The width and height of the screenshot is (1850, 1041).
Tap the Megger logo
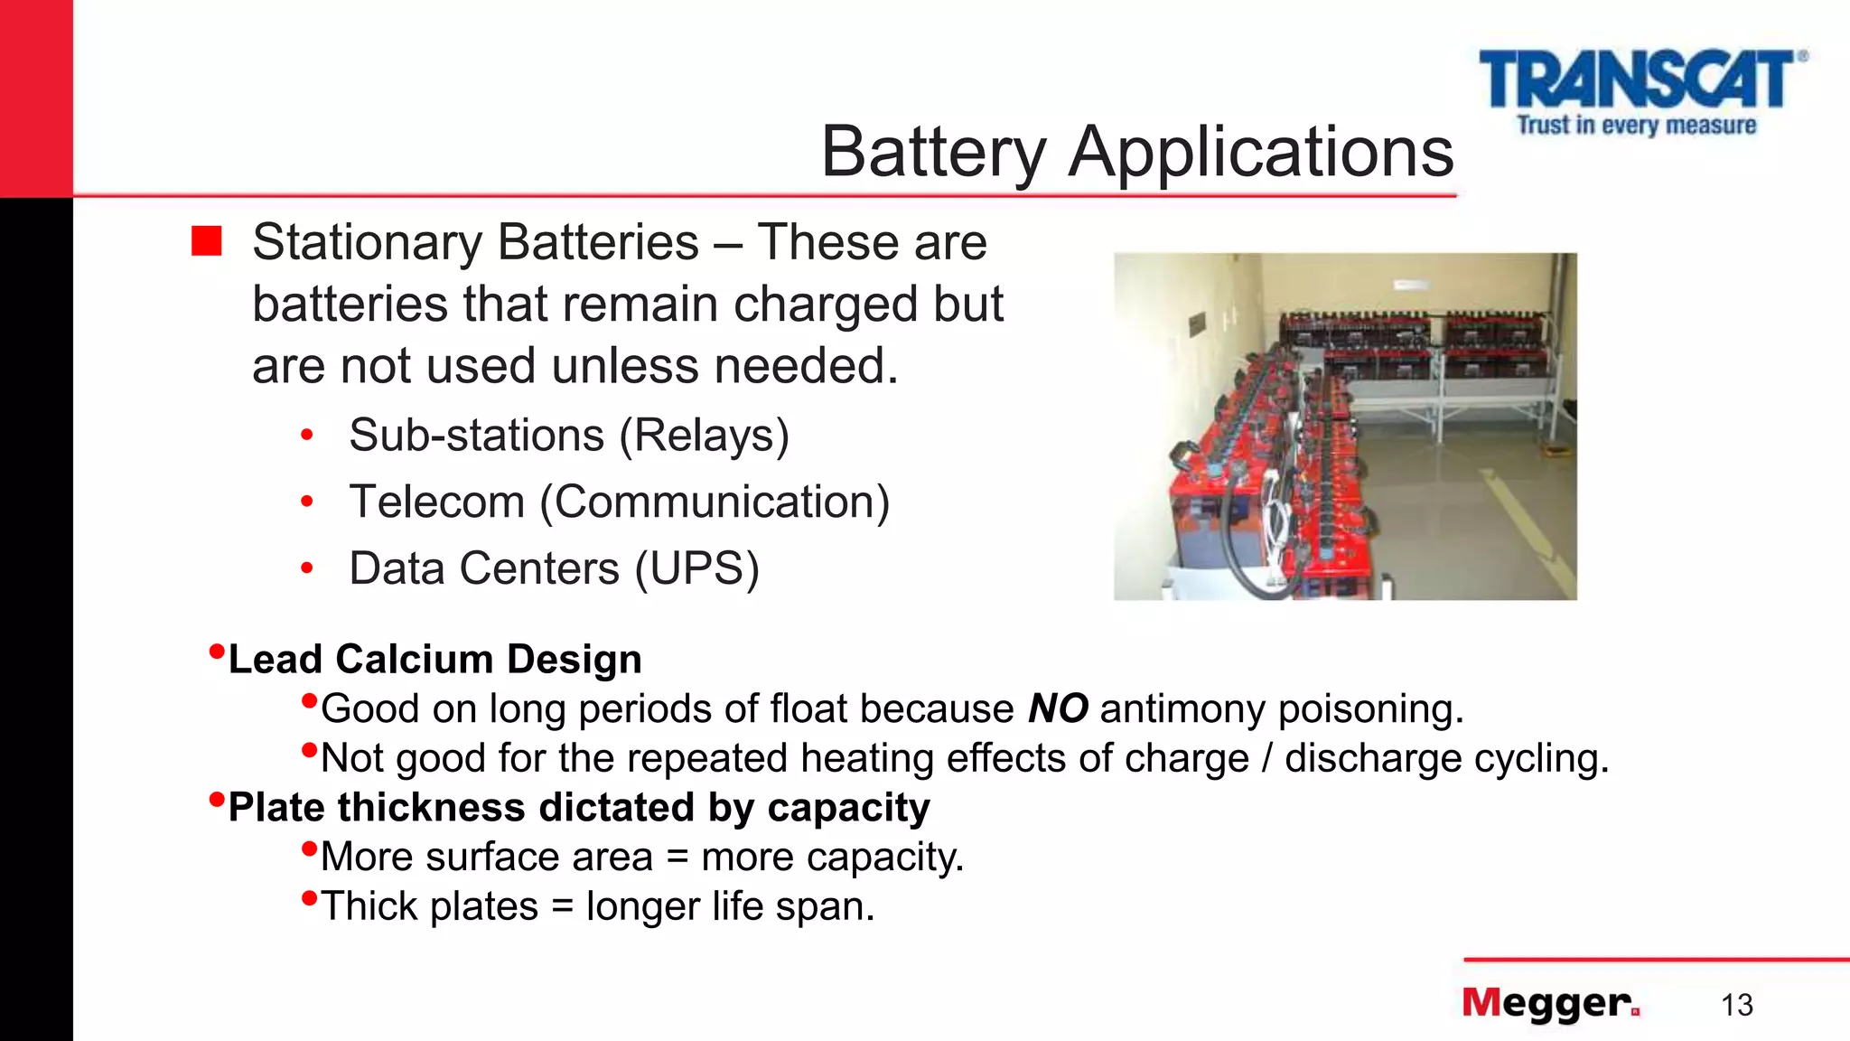click(1550, 1003)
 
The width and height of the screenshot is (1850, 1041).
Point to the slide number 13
click(1736, 1005)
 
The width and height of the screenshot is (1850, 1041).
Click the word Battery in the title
click(933, 152)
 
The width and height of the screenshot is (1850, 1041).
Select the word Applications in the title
click(1261, 152)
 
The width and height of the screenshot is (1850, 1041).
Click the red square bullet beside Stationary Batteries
click(207, 241)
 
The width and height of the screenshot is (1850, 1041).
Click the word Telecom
click(437, 502)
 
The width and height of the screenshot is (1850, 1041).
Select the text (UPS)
click(696, 568)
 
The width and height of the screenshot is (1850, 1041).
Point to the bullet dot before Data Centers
click(307, 568)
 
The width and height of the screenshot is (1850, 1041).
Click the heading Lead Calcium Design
click(434, 659)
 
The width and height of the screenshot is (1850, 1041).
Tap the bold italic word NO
click(1058, 708)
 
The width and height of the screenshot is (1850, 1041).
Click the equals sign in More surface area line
click(677, 857)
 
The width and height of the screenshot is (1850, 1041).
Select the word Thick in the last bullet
click(369, 905)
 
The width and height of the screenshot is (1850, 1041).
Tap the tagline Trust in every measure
click(1637, 125)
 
